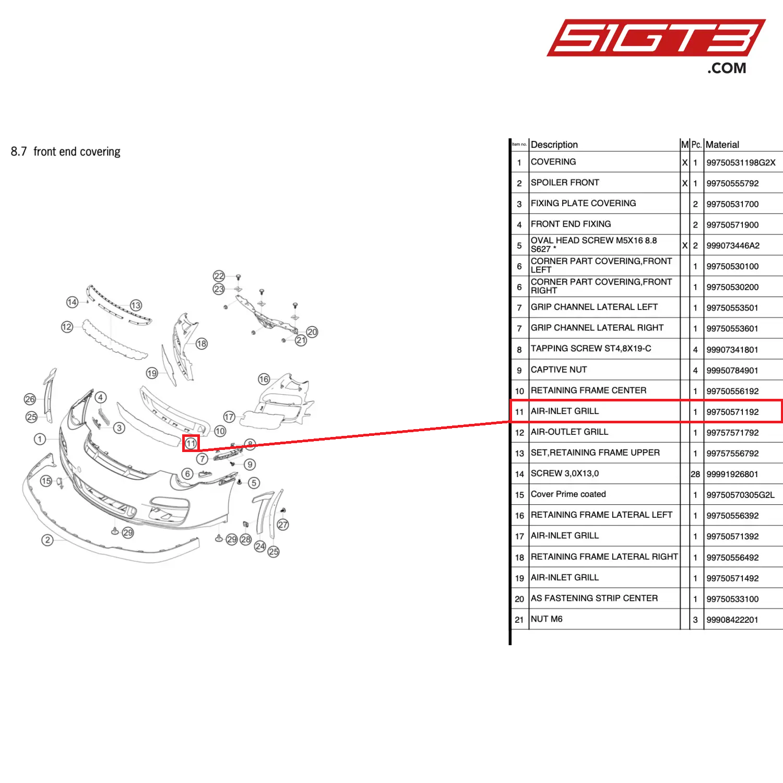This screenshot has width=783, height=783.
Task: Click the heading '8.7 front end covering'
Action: [66, 151]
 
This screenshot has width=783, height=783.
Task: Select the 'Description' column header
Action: [554, 145]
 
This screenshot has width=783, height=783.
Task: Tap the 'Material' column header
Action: [722, 145]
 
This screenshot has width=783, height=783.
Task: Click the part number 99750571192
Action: [732, 412]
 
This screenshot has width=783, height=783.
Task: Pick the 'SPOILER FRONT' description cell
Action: [565, 183]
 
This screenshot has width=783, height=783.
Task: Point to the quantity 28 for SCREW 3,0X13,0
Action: [695, 474]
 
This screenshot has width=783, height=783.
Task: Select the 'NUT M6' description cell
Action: [547, 619]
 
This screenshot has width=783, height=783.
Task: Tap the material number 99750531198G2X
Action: [741, 162]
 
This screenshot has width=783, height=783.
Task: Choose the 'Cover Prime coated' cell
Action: [568, 494]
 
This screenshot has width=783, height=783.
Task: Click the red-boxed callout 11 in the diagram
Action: [191, 443]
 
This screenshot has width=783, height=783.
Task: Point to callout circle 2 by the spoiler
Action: [48, 540]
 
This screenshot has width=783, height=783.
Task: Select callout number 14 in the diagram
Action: [72, 302]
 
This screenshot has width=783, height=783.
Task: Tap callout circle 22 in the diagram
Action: [219, 276]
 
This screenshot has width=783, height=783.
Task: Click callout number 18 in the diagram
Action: [201, 343]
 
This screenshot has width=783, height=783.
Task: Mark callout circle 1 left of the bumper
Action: [40, 439]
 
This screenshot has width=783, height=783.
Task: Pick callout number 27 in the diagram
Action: [283, 525]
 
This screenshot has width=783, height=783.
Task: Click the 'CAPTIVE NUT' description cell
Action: [559, 370]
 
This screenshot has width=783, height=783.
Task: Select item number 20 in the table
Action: [519, 599]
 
